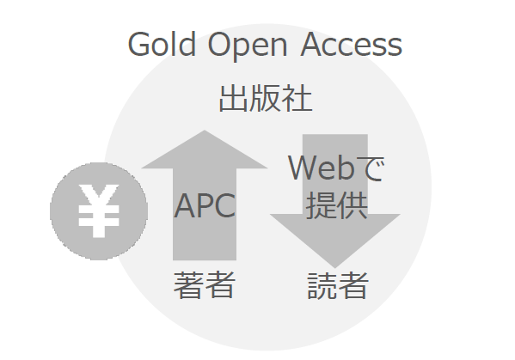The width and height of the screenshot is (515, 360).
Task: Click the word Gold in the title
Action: point(162,44)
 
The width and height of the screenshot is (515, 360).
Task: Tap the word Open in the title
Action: point(248,46)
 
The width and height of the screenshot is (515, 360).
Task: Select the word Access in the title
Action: point(352,44)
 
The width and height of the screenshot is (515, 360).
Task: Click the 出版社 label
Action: point(266,98)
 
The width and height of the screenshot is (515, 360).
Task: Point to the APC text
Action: point(205,205)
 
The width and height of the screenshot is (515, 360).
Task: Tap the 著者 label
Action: point(205,285)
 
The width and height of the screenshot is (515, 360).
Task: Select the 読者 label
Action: point(338,285)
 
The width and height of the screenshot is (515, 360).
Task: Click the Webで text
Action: point(336,168)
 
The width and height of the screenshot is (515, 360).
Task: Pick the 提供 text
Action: point(337,205)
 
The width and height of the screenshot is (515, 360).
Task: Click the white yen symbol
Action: point(99,211)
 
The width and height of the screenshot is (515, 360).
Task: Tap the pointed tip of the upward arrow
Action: point(205,131)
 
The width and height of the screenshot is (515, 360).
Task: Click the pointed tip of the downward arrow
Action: point(335,267)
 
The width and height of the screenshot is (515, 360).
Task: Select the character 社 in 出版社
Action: point(297,98)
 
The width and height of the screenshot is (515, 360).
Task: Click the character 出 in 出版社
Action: point(233,98)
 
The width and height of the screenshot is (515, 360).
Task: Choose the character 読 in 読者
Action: point(322,285)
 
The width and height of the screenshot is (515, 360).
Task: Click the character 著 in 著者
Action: point(188,285)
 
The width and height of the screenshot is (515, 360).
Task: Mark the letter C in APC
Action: point(225,205)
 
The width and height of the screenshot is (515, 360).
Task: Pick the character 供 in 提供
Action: point(353,205)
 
